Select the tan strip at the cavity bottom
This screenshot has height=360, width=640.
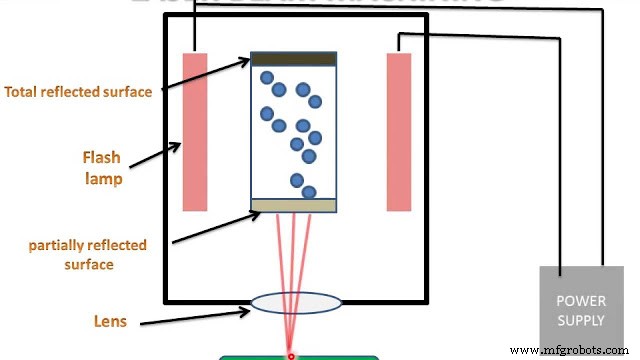pyautogui.click(x=293, y=206)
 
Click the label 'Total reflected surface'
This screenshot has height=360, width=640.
pyautogui.click(x=78, y=92)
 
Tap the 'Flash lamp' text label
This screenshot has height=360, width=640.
pyautogui.click(x=102, y=168)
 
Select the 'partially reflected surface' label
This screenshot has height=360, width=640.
pyautogui.click(x=87, y=255)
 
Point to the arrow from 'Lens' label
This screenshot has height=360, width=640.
pyautogui.click(x=196, y=316)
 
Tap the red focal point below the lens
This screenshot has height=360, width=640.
pyautogui.click(x=291, y=356)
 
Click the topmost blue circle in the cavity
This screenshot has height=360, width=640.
pyautogui.click(x=267, y=78)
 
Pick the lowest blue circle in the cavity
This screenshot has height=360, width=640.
pyautogui.click(x=309, y=192)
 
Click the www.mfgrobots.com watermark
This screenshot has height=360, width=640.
pyautogui.click(x=570, y=351)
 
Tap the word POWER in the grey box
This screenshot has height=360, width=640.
pyautogui.click(x=580, y=301)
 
